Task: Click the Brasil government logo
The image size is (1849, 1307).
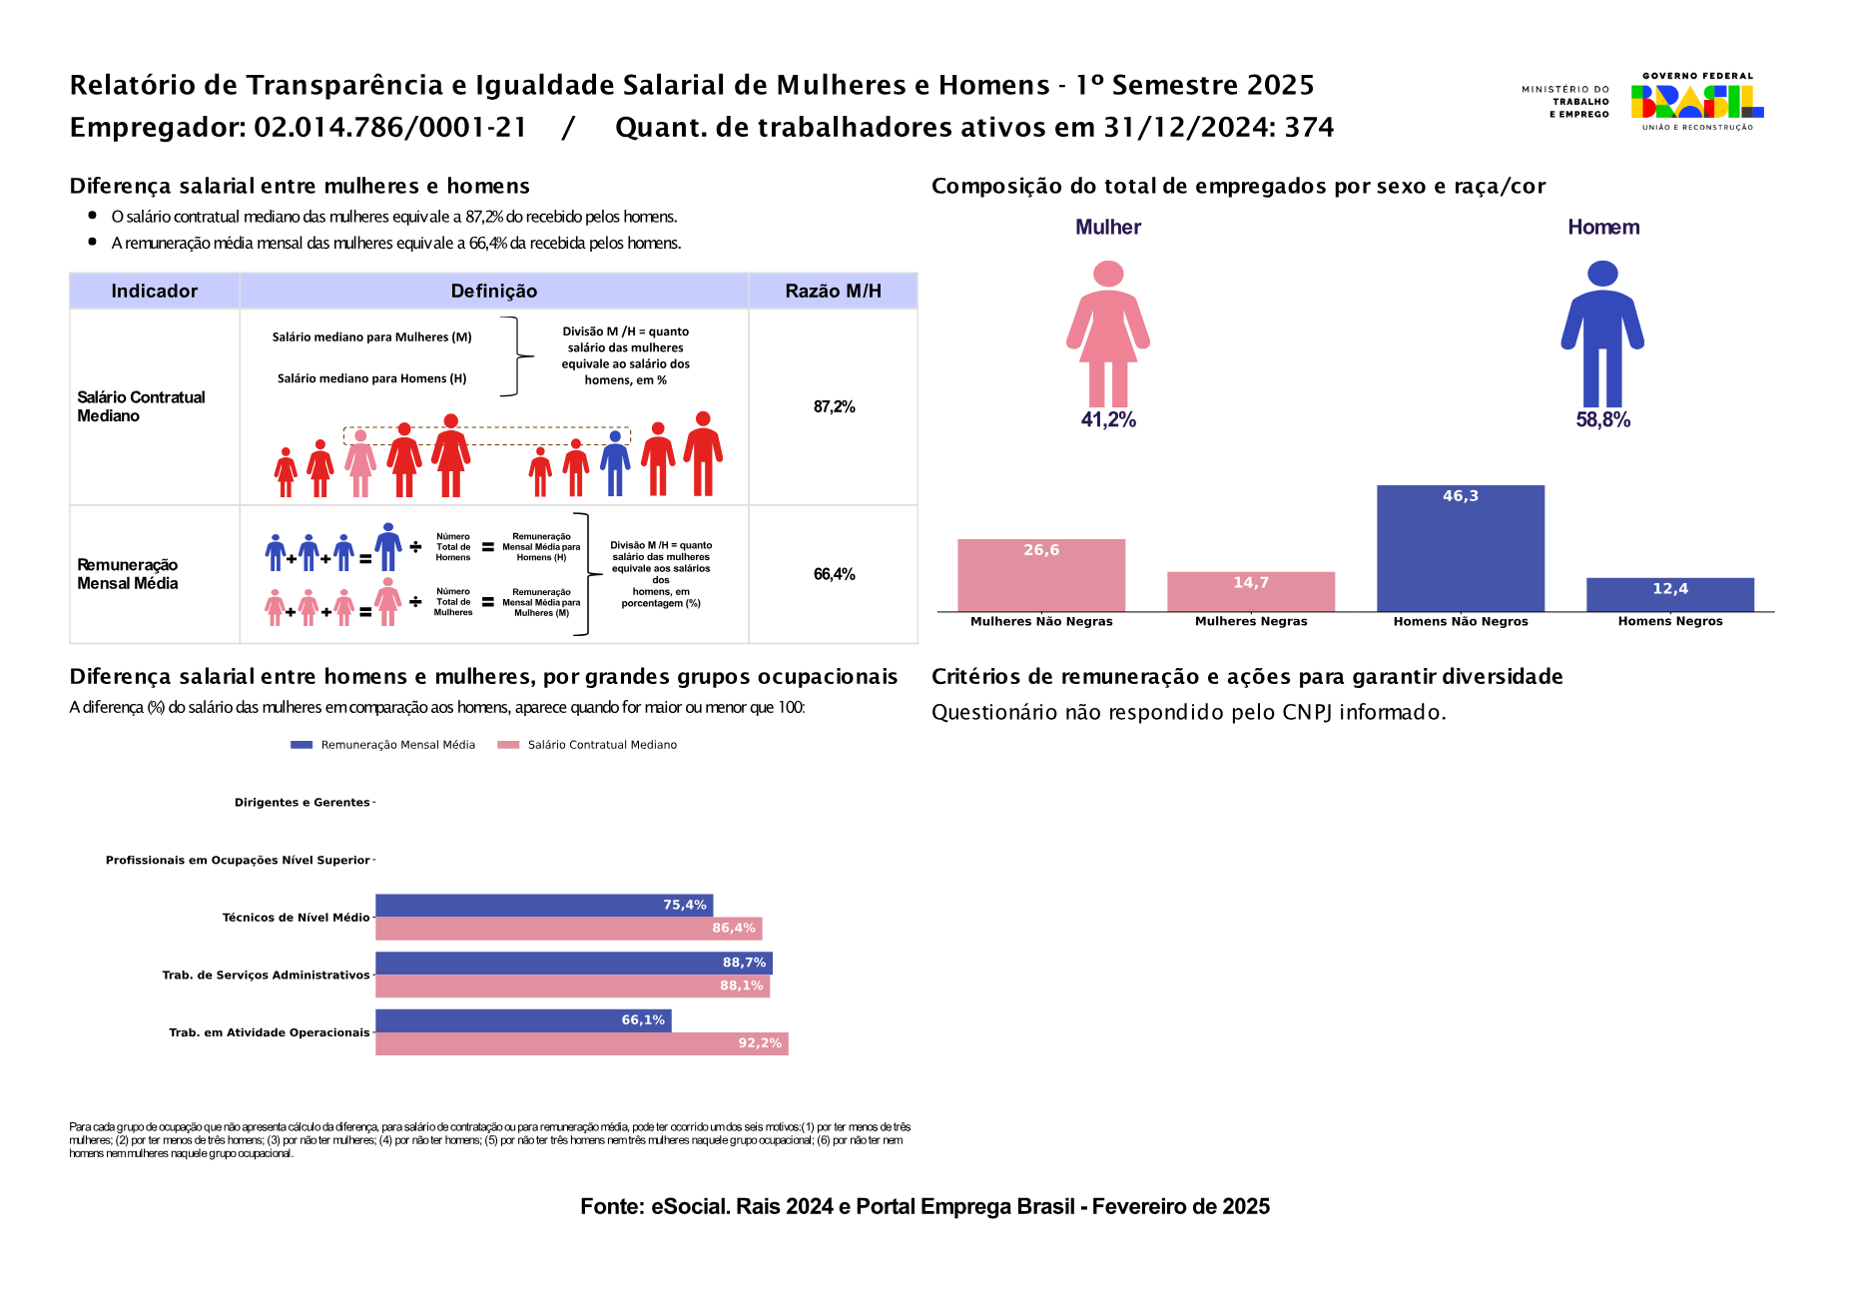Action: [x=1697, y=102]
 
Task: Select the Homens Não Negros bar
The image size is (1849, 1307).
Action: [x=1461, y=548]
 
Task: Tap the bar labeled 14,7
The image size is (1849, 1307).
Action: [x=1251, y=591]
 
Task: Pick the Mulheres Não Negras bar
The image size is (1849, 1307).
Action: [x=1041, y=575]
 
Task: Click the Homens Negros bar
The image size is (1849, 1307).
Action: [x=1670, y=594]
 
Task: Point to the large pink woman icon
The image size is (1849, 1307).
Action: [x=1108, y=333]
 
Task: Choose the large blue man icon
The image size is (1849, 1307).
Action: [x=1602, y=333]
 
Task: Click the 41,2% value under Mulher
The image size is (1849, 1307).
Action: [x=1108, y=420]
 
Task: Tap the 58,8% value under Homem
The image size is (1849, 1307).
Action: [x=1603, y=420]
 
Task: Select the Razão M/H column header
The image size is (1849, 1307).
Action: [x=833, y=291]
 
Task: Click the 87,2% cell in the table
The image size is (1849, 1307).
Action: [x=834, y=406]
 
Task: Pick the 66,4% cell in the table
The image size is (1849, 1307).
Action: [x=834, y=574]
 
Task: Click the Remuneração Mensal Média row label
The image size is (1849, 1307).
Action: [x=128, y=574]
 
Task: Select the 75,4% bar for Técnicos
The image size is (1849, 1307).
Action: [x=544, y=905]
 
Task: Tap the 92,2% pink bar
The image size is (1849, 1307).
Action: [x=582, y=1043]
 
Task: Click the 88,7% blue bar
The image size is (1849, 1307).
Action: [x=574, y=963]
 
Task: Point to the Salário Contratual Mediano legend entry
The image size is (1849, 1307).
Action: [x=587, y=745]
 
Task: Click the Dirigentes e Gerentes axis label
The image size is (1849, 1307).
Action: [x=302, y=803]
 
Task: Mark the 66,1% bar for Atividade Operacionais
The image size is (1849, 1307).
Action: [x=523, y=1020]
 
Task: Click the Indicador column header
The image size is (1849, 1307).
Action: [x=155, y=291]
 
